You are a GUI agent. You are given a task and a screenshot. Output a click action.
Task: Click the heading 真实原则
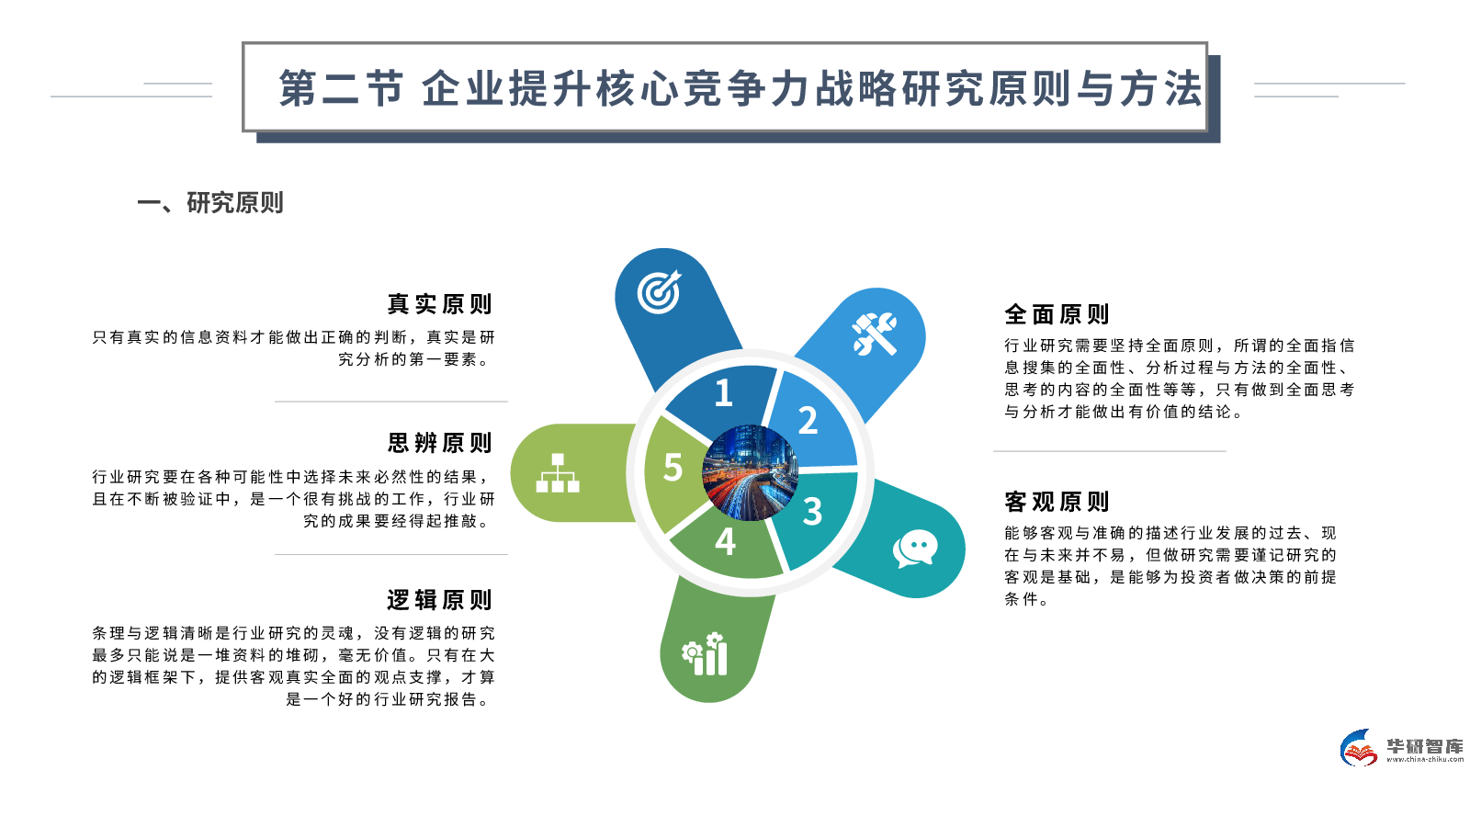pyautogui.click(x=439, y=304)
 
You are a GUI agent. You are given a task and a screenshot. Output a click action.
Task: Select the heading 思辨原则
pyautogui.click(x=439, y=443)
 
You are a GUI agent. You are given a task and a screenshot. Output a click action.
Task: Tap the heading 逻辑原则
pyautogui.click(x=439, y=600)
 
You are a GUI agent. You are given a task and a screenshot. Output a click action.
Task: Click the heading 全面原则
pyautogui.click(x=1057, y=314)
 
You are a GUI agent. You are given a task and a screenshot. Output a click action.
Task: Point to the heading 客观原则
pyautogui.click(x=1057, y=502)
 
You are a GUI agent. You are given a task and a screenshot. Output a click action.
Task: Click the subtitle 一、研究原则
pyautogui.click(x=210, y=202)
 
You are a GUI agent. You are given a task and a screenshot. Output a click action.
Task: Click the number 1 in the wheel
pyautogui.click(x=724, y=393)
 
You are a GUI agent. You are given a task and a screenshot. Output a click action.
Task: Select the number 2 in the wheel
pyautogui.click(x=808, y=421)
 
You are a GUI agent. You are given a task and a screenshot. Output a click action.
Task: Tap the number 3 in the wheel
pyautogui.click(x=812, y=512)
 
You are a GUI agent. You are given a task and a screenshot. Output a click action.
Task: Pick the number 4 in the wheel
pyautogui.click(x=725, y=541)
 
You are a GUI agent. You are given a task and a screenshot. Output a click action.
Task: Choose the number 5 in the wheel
pyautogui.click(x=673, y=468)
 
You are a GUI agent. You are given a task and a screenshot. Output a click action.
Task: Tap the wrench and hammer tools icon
pyautogui.click(x=874, y=334)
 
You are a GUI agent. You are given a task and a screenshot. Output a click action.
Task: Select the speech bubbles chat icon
pyautogui.click(x=914, y=549)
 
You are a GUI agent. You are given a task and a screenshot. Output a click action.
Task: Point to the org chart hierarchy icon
pyautogui.click(x=558, y=472)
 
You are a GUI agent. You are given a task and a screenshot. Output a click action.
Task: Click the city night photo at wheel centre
pyautogui.click(x=750, y=472)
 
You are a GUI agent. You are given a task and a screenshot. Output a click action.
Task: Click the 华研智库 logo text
pyautogui.click(x=1425, y=745)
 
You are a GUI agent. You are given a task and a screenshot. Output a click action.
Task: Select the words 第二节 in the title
pyautogui.click(x=341, y=88)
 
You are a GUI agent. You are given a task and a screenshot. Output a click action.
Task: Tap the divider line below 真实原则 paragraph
pyautogui.click(x=390, y=402)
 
